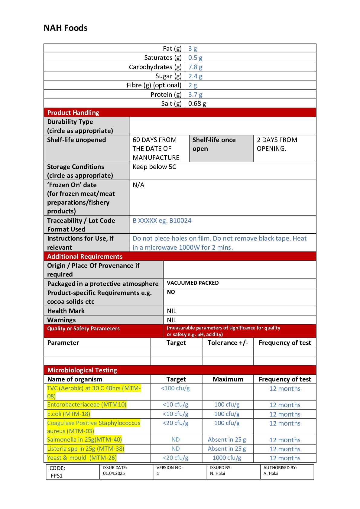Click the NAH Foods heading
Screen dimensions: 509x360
point(66,28)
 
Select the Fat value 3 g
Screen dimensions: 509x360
point(193,49)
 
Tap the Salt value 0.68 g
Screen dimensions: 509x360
point(197,104)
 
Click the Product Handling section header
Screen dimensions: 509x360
point(73,113)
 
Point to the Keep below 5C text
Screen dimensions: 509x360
point(154,167)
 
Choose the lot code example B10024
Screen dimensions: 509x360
point(180,221)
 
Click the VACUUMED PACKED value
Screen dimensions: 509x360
point(193,283)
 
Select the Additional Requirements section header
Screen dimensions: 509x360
point(85,257)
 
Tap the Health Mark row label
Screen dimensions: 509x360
point(66,311)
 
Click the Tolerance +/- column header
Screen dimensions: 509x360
point(228,343)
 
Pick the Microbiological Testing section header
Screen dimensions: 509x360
point(82,370)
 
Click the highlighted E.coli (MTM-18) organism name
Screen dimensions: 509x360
point(69,414)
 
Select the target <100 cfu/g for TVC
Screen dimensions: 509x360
point(175,388)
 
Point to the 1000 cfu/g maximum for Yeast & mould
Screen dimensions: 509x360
point(227,458)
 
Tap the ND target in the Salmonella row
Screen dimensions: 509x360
point(176,440)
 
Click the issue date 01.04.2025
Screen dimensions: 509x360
point(114,473)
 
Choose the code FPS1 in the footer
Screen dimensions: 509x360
point(57,476)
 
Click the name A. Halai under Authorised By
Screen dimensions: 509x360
point(271,473)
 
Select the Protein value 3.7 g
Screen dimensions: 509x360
point(195,95)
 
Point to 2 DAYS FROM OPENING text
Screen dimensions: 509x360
point(277,144)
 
